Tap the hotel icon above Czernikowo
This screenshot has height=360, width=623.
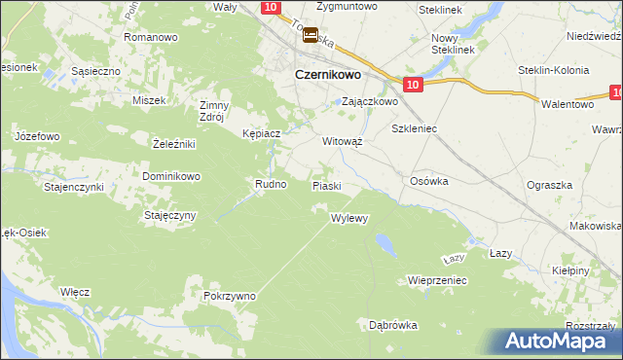[x=311, y=36]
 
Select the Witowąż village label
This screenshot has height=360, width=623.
[x=343, y=140]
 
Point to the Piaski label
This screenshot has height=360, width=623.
[x=326, y=185]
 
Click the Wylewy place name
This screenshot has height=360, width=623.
[x=349, y=218]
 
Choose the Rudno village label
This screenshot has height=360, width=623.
[x=270, y=183]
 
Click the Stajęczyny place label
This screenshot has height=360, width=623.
[x=171, y=215]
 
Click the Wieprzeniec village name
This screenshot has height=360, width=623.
[x=438, y=280]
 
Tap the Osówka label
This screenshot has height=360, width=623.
[x=428, y=180]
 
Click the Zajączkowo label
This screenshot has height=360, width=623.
[x=370, y=101]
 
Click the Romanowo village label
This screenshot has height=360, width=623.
[x=150, y=37]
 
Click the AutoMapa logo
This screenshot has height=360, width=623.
[x=555, y=342]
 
